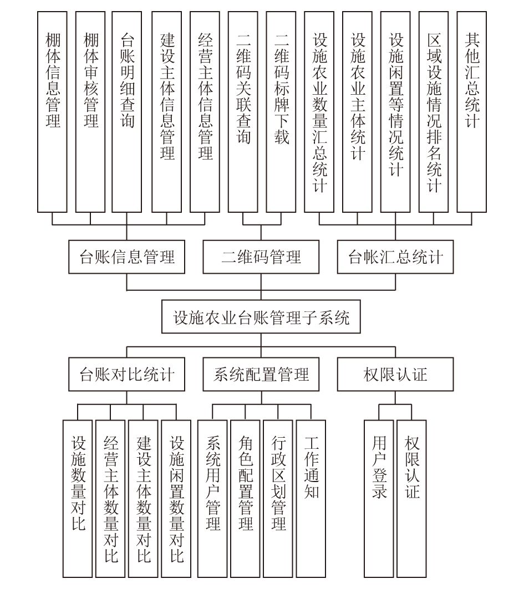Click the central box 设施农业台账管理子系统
tap(261, 316)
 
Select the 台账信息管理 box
tap(126, 257)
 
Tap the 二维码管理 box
tap(261, 257)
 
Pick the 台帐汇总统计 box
tap(395, 257)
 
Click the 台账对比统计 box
tap(126, 374)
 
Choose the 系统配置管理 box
tap(261, 374)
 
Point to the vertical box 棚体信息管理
tap(52, 112)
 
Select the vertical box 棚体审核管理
tap(90, 112)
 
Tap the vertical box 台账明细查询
tap(126, 112)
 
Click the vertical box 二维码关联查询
tap(243, 112)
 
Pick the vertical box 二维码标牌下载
tap(281, 112)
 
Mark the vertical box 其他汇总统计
tap(472, 112)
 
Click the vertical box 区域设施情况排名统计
tap(434, 112)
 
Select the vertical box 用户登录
tap(379, 499)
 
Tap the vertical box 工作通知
tap(311, 499)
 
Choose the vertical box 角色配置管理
tap(245, 499)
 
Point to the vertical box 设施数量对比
tap(78, 499)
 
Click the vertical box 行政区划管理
tap(278, 499)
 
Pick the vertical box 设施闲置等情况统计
tap(395, 112)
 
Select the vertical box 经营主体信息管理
tap(205, 112)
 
